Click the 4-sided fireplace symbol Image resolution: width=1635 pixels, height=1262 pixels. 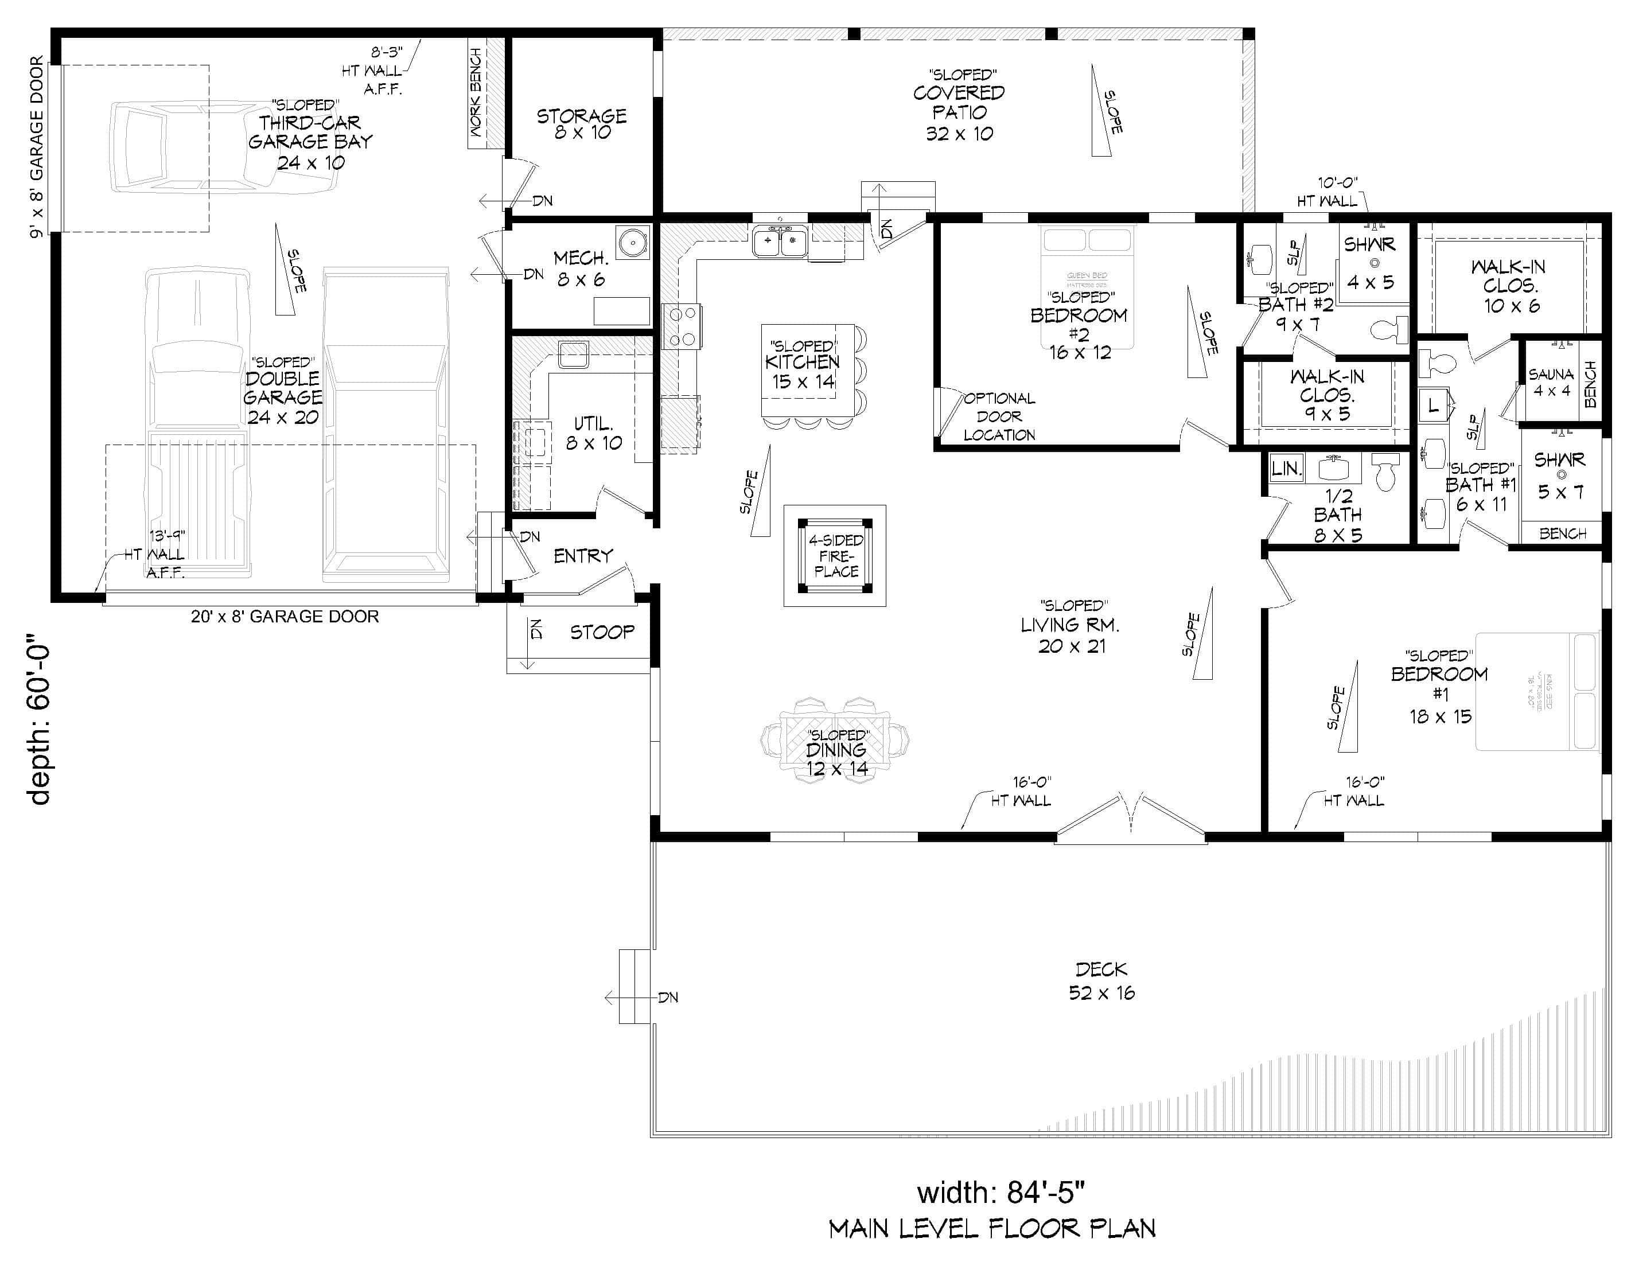pyautogui.click(x=835, y=555)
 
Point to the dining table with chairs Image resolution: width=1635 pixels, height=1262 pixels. pyautogui.click(x=835, y=741)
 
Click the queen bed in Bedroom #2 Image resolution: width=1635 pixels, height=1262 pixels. pyautogui.click(x=1087, y=287)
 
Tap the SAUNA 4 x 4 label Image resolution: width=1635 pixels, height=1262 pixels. pyautogui.click(x=1551, y=381)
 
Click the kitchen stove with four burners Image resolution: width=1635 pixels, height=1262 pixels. pyautogui.click(x=682, y=326)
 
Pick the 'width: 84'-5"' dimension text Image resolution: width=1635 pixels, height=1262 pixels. pyautogui.click(x=1001, y=1191)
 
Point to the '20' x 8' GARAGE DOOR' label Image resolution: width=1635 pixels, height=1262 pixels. pyautogui.click(x=285, y=617)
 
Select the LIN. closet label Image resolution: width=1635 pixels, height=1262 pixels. pyautogui.click(x=1286, y=469)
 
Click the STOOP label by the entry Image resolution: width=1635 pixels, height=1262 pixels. pyautogui.click(x=602, y=633)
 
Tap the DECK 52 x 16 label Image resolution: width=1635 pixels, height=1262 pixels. pyautogui.click(x=1101, y=980)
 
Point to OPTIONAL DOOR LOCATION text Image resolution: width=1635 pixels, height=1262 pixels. pyautogui.click(x=999, y=416)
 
